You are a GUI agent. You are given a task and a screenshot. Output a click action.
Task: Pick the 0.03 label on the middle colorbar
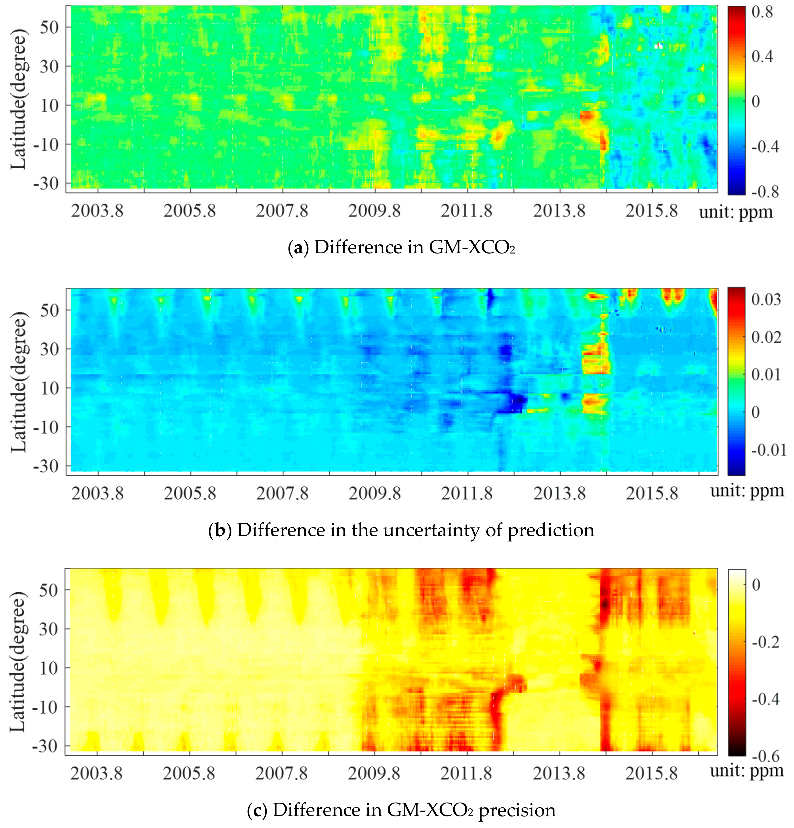pos(766,299)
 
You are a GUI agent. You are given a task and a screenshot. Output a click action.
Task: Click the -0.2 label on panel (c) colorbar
pos(765,642)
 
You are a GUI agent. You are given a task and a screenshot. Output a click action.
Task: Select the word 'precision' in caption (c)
pos(517,810)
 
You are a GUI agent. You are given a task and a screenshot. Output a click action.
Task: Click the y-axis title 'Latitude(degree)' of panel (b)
pos(18,382)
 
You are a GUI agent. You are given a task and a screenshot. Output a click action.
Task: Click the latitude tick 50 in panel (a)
pos(49,27)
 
